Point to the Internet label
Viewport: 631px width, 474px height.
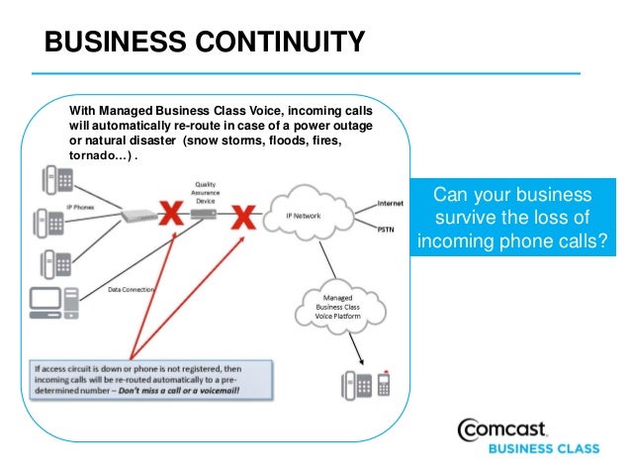[x=390, y=202]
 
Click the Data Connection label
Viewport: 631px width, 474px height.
[x=131, y=289]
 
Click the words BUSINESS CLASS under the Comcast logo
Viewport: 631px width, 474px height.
[x=544, y=448]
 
